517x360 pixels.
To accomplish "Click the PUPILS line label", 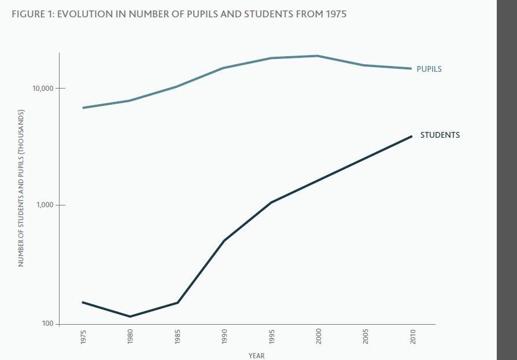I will click(429, 69).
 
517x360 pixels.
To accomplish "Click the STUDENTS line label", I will click(440, 135).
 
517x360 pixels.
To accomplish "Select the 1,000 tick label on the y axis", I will click(44, 205).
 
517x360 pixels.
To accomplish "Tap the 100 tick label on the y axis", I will click(47, 324).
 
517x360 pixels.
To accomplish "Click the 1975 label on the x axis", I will click(83, 336).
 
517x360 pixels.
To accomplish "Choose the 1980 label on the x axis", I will click(130, 336).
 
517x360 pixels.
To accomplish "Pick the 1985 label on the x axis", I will click(178, 336).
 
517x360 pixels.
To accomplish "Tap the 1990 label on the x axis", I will click(224, 336).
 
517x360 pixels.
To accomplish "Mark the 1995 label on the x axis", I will click(272, 336).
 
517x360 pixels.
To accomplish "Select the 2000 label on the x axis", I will click(319, 336).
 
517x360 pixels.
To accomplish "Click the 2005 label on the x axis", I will click(365, 336).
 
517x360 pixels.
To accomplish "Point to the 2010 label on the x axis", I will click(413, 336).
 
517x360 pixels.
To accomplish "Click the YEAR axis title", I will click(256, 355).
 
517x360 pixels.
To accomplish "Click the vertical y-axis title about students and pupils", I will click(21, 188).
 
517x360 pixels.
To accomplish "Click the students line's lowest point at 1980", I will click(130, 317).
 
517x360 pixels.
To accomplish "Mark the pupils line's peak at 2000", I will click(317, 56).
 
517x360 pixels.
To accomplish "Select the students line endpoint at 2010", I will click(411, 136).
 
